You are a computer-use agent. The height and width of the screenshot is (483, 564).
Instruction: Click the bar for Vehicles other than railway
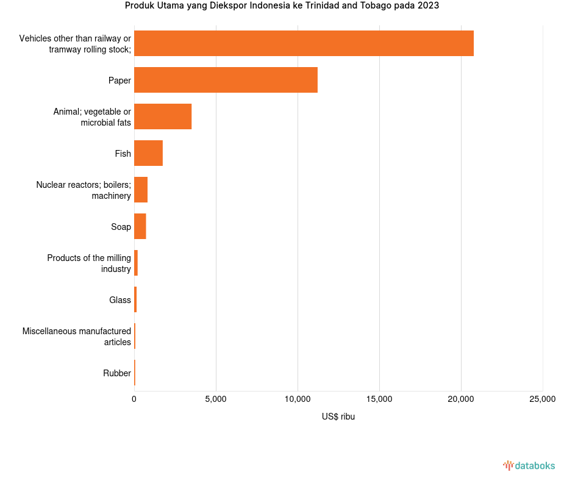pos(304,43)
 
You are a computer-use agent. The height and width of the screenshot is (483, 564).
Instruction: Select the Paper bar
pos(226,80)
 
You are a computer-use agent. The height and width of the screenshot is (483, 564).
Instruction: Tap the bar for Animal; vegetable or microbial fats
pos(163,116)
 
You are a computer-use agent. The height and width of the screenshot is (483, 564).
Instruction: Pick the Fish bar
pos(148,153)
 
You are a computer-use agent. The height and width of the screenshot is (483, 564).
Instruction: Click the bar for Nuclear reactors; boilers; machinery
pos(141,190)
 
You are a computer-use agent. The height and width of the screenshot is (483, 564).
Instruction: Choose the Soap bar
pos(140,226)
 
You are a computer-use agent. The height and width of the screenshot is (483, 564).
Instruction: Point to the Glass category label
pos(120,300)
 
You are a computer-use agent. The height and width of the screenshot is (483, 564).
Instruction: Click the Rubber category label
pos(117,373)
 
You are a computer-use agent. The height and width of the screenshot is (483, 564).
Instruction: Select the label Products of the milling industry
pos(89,263)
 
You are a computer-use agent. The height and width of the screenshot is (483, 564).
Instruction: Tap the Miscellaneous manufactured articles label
pos(77,337)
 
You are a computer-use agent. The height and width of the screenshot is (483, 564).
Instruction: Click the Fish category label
pos(123,154)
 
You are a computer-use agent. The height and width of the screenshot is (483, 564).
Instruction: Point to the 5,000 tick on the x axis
pos(216,399)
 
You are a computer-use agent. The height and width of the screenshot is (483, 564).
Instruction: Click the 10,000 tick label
pos(298,399)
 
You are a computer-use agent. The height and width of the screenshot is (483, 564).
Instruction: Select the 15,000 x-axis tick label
pos(379,399)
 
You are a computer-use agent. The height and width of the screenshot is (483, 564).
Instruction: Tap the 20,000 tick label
pos(461,399)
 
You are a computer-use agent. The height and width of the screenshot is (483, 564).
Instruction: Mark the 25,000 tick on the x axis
pos(542,399)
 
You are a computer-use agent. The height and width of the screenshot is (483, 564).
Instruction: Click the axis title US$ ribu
pos(338,417)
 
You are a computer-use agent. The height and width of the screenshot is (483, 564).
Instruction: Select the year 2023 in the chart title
pos(428,6)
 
